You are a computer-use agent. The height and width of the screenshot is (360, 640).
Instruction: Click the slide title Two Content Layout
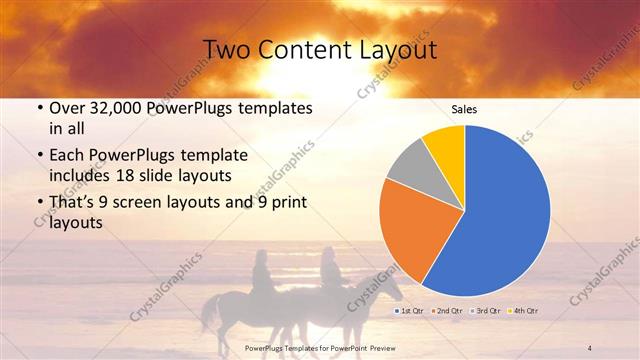(319, 49)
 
